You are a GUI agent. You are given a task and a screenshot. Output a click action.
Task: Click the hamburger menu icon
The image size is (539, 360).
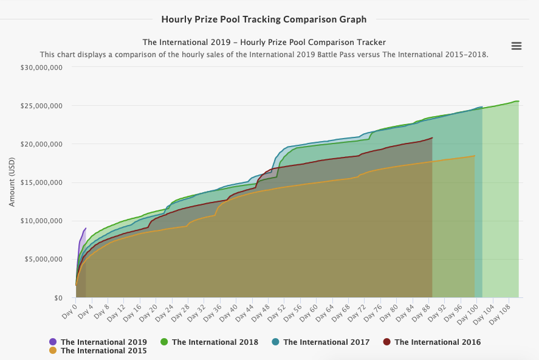pyautogui.click(x=517, y=46)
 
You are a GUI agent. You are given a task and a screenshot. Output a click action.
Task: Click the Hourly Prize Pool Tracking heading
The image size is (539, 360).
pyautogui.click(x=264, y=19)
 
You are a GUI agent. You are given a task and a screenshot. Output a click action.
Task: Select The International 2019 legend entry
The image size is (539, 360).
pyautogui.click(x=103, y=342)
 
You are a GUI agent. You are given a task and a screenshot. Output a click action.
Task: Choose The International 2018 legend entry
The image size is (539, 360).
pyautogui.click(x=215, y=342)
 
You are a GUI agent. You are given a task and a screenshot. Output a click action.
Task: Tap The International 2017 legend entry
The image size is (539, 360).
pyautogui.click(x=326, y=342)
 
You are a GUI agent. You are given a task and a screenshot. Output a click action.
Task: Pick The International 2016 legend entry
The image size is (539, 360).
pyautogui.click(x=437, y=342)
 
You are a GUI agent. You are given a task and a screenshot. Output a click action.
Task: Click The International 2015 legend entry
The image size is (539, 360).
pyautogui.click(x=103, y=351)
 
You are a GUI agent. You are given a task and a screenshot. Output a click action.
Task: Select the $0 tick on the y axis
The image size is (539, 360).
pyautogui.click(x=57, y=298)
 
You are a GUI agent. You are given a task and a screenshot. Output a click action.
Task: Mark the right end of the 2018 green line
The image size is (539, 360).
pyautogui.click(x=518, y=101)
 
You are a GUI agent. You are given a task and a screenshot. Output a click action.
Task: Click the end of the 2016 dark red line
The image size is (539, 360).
pyautogui.click(x=432, y=138)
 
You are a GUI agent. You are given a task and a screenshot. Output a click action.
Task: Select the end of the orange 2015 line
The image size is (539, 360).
pyautogui.click(x=474, y=156)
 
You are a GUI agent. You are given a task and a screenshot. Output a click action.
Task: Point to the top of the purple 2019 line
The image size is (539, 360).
pyautogui.click(x=86, y=229)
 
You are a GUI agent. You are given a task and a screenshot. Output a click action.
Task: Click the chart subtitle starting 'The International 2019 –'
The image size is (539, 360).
pyautogui.click(x=264, y=42)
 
